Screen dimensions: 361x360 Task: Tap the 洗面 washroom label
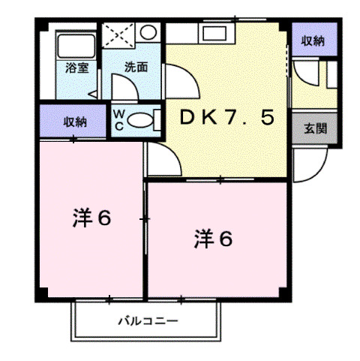(x=136, y=66)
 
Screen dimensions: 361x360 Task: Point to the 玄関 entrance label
(x=315, y=128)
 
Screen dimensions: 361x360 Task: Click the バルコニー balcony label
(x=147, y=322)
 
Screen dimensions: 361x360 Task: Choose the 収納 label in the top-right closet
(x=313, y=41)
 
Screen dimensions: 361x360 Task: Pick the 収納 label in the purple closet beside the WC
(x=74, y=121)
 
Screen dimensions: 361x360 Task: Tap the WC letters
(x=119, y=119)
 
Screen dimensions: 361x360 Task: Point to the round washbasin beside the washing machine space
(x=148, y=33)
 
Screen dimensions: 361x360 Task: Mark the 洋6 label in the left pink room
(x=92, y=218)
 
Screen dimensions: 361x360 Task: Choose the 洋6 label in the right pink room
(x=214, y=239)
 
